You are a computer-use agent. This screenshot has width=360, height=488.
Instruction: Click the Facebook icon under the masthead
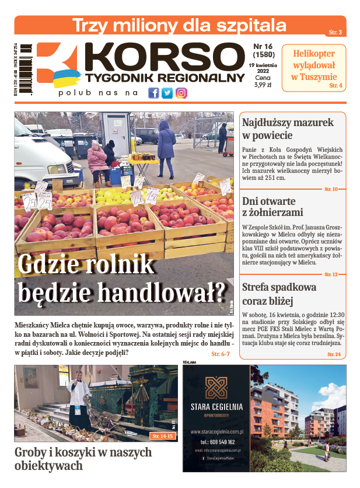[x=153, y=93]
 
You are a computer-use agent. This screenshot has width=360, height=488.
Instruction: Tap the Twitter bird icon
[x=167, y=93]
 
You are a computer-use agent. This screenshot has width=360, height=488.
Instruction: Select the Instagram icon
[x=181, y=93]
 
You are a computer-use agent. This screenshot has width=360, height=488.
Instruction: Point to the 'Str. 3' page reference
[x=335, y=32]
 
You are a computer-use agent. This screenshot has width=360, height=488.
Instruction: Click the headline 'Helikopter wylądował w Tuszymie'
[x=314, y=65]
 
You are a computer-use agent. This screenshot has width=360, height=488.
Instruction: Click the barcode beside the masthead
[x=26, y=69]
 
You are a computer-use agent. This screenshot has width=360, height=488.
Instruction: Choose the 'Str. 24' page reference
[x=334, y=354]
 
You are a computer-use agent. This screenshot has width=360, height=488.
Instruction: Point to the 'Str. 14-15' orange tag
[x=163, y=436]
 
